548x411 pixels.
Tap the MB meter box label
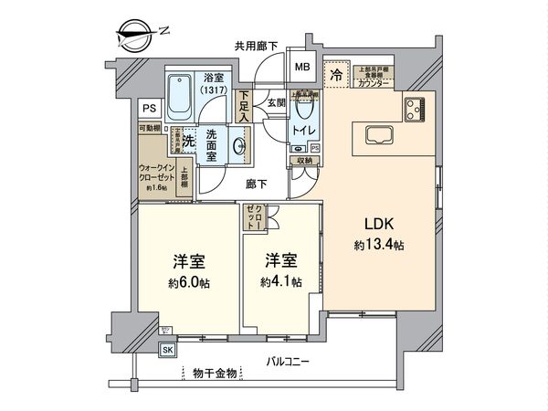tap(300, 67)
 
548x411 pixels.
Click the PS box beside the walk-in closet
tap(148, 107)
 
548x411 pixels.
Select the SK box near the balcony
tap(168, 349)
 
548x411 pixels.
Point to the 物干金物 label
tap(216, 372)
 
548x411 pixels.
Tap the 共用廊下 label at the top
tap(256, 45)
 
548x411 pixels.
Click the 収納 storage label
tap(303, 161)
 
